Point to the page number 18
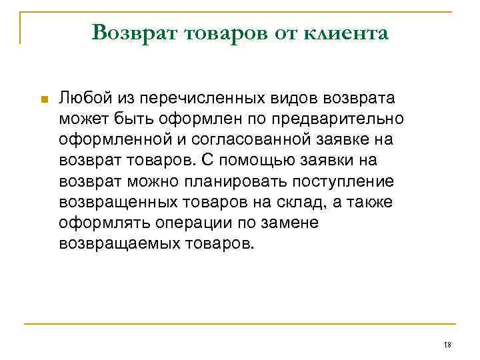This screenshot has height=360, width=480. (x=447, y=345)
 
